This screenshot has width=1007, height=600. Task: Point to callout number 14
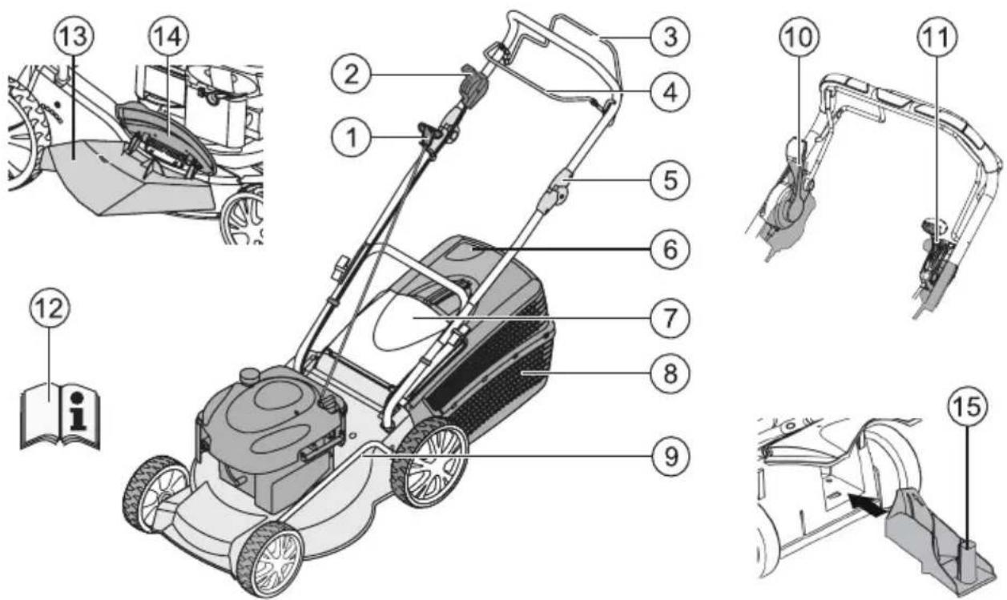(x=169, y=37)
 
